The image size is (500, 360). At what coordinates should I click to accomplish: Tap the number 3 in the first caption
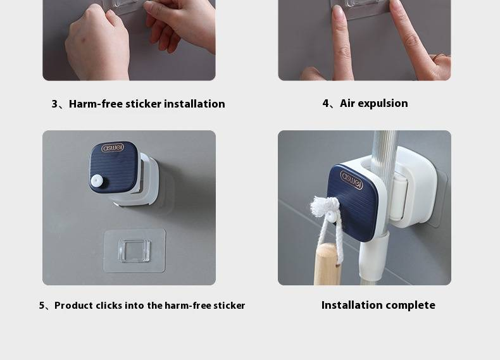pos(54,104)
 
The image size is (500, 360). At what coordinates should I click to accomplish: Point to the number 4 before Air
pos(325,103)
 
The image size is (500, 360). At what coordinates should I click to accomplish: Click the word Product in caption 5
pos(73,306)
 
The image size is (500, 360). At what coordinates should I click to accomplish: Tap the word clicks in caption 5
pos(109,306)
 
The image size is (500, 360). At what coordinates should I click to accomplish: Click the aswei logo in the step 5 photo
pos(113,147)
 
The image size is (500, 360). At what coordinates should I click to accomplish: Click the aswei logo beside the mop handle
pos(351,180)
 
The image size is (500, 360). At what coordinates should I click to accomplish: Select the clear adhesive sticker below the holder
pos(134,251)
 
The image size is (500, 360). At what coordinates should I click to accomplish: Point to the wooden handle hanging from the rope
pos(327,264)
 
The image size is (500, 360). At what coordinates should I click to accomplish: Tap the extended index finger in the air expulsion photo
pos(341,42)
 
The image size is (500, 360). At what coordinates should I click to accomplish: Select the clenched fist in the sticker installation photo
pos(97,43)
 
